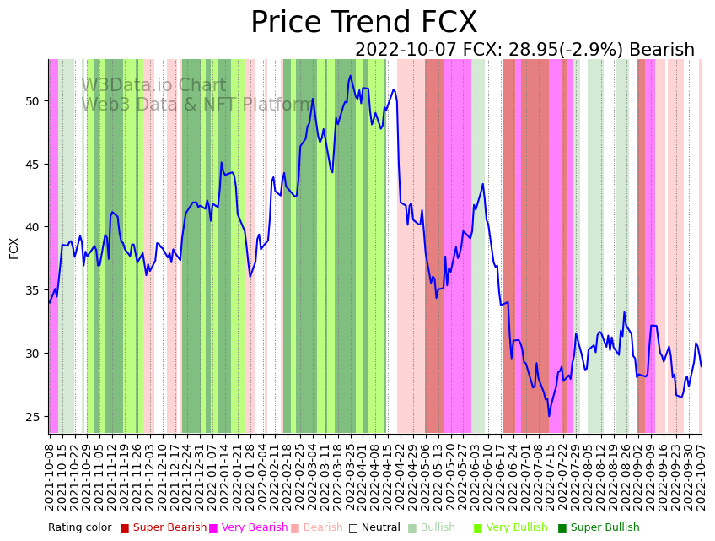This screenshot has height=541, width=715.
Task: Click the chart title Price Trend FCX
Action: point(363,23)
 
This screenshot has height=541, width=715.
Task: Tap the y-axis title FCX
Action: point(13,247)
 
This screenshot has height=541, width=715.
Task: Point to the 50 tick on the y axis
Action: point(32,101)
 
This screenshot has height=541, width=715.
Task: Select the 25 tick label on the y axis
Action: point(32,417)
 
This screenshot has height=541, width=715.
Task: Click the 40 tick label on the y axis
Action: point(32,227)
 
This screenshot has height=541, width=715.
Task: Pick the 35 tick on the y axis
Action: point(32,290)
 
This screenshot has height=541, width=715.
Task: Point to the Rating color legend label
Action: point(79,528)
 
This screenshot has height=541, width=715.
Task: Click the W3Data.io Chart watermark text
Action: point(153,86)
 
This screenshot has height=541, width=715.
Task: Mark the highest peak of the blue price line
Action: point(351,76)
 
